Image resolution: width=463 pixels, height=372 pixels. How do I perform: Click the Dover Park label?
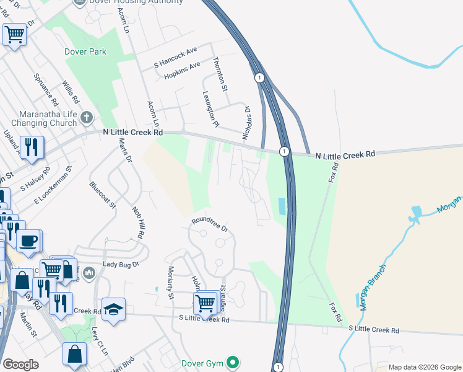[x=85, y=52]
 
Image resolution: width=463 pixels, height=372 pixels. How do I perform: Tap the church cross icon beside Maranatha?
[x=87, y=116]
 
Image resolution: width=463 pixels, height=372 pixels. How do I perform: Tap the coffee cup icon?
[x=28, y=240]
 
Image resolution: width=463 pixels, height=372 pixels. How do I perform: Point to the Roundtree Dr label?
[x=210, y=224]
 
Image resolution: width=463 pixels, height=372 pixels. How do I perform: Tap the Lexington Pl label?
[x=210, y=108]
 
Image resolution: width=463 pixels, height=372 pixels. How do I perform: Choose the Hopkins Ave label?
[x=182, y=69]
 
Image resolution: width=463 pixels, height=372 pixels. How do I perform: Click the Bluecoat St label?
[x=102, y=195]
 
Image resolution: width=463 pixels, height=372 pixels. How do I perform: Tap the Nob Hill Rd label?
[x=141, y=222]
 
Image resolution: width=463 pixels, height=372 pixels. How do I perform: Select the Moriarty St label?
[x=171, y=283]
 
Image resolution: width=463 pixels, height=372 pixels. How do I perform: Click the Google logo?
[x=20, y=365]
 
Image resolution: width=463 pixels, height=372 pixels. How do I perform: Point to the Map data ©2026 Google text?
[x=424, y=367]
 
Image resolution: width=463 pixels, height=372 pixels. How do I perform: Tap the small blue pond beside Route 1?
[x=282, y=206]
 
